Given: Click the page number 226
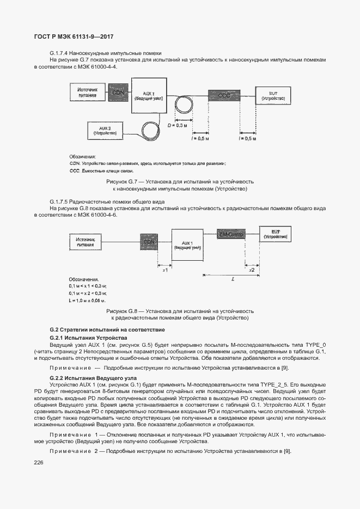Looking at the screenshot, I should click(x=39, y=462).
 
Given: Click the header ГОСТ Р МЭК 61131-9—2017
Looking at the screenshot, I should click(x=73, y=36).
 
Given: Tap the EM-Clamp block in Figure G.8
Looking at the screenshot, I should click(x=231, y=234).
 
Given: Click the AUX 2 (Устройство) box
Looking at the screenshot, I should click(x=105, y=130).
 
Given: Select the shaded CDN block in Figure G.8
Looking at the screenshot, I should click(x=149, y=241).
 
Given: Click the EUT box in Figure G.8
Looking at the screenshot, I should click(x=276, y=235).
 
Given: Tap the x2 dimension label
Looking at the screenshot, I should click(x=251, y=269).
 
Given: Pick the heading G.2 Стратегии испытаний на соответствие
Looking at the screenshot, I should click(x=107, y=330).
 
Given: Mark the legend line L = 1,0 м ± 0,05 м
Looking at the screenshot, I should click(x=87, y=300).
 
